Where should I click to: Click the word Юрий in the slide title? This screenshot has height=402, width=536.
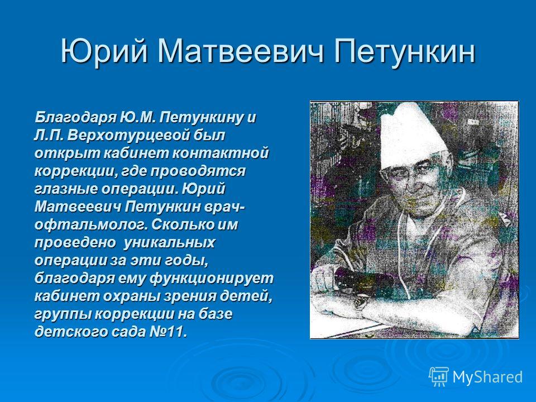(x=104, y=52)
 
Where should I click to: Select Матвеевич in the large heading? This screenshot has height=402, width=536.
(x=240, y=51)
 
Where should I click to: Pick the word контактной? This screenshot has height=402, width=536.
(x=220, y=153)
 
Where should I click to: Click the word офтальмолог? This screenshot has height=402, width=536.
(x=90, y=225)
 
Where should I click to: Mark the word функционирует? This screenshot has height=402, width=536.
(x=212, y=278)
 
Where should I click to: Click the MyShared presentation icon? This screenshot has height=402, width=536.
(x=439, y=377)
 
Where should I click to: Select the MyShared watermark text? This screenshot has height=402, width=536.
(x=487, y=377)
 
